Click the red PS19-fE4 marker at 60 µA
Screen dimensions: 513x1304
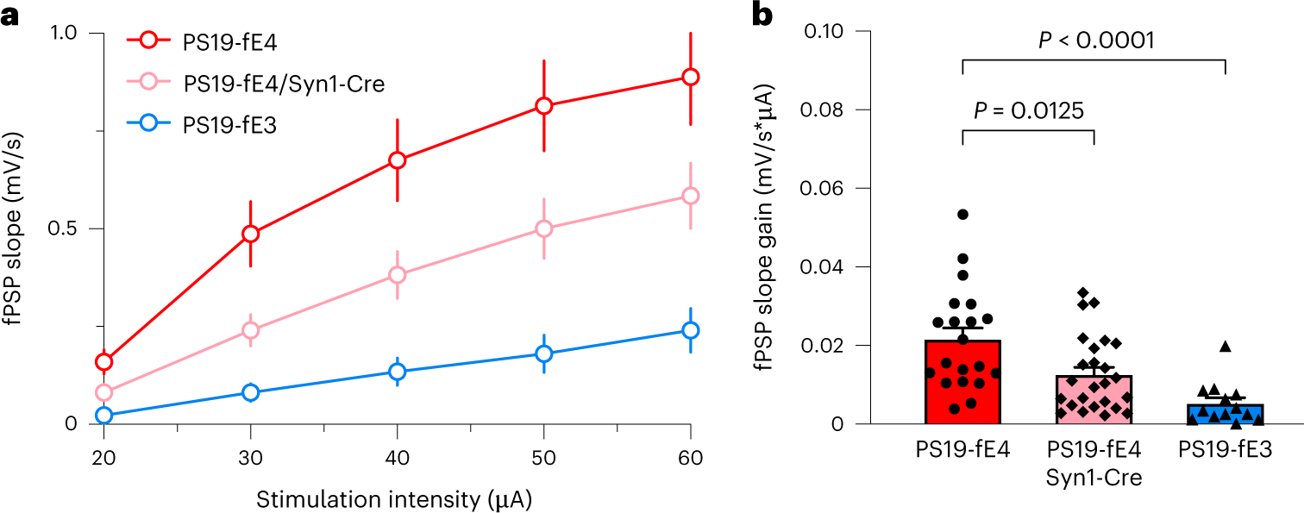[689, 77]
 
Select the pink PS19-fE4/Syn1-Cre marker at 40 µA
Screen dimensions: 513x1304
[397, 275]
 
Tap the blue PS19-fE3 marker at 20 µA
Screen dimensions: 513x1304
[104, 415]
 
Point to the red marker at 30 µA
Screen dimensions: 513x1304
[250, 234]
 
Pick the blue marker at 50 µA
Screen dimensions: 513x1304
[543, 353]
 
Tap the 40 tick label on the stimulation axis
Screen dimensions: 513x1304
[397, 455]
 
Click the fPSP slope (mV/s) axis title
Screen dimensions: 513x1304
[20, 228]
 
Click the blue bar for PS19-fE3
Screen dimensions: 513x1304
[1226, 414]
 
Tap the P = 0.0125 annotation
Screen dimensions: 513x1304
[1027, 112]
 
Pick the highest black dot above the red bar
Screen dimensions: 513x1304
[962, 214]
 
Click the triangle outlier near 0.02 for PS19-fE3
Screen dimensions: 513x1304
[1225, 347]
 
